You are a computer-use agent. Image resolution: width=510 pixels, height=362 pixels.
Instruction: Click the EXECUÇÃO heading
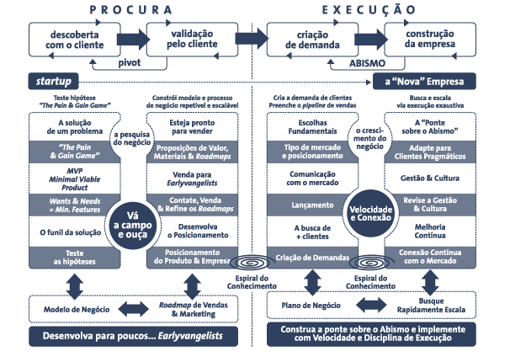[x=368, y=10]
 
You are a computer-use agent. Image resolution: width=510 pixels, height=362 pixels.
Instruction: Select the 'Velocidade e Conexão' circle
[x=370, y=203]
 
